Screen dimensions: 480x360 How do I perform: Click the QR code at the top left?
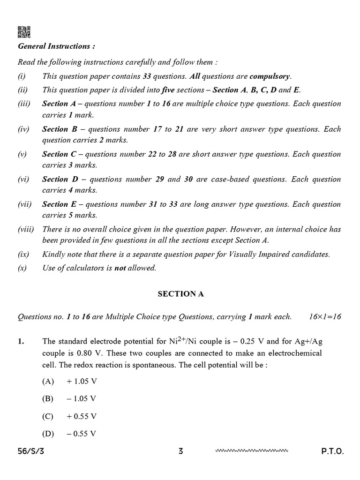click(24, 32)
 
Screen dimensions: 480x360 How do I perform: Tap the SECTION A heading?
click(180, 294)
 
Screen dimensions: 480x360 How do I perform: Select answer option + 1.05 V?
click(82, 382)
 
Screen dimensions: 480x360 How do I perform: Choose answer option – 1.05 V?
click(82, 399)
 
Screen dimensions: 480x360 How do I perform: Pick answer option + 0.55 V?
click(82, 416)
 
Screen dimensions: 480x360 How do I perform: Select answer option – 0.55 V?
click(82, 434)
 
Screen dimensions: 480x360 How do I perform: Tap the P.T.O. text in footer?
click(332, 452)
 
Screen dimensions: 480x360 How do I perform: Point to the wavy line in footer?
click(252, 451)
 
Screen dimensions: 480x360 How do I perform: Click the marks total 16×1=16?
click(325, 317)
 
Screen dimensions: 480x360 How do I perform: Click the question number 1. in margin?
click(21, 342)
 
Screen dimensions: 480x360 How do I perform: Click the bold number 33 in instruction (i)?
click(146, 76)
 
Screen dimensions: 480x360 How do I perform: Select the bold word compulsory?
click(270, 76)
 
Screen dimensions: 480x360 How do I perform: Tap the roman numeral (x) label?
click(22, 268)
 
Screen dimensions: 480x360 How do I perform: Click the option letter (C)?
click(48, 416)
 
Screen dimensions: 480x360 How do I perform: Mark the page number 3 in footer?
click(180, 452)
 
